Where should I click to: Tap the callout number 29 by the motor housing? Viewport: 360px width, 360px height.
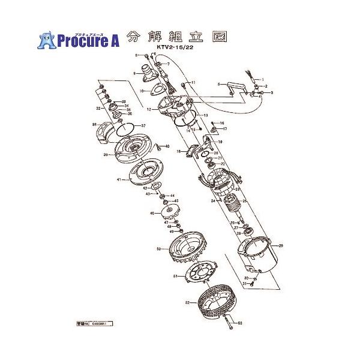click(x=280, y=246)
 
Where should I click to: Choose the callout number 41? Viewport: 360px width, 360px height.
click(x=119, y=179)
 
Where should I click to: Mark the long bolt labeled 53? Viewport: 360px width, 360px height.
click(x=229, y=325)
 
